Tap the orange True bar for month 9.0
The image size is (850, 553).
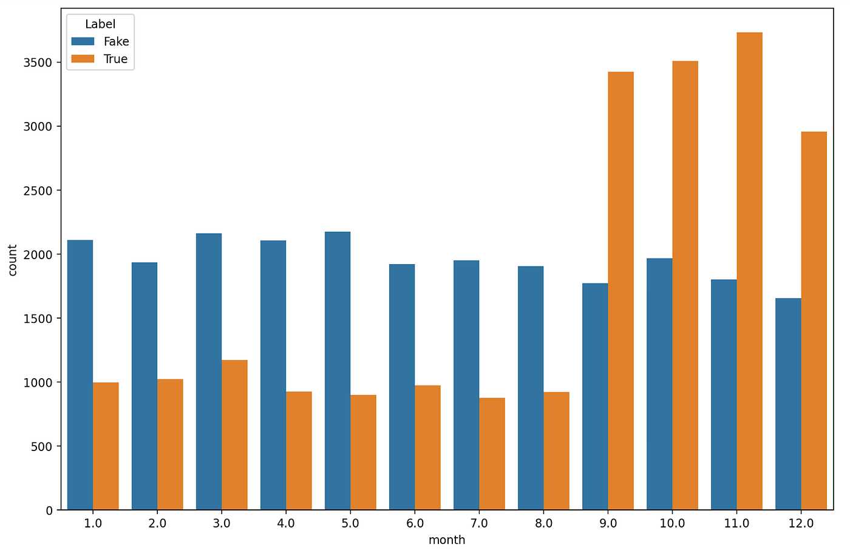[620, 291]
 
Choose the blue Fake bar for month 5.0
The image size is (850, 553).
[338, 370]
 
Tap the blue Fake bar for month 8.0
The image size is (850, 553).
[531, 388]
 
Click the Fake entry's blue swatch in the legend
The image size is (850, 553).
[83, 41]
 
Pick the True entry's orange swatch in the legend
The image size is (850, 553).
[83, 59]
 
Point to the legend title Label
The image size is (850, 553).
[100, 24]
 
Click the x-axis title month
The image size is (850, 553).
[447, 540]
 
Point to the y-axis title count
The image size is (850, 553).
[13, 260]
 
